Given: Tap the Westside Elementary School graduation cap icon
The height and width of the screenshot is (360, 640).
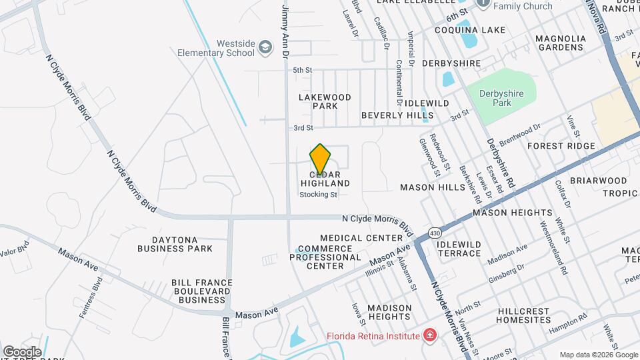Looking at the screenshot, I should (265, 47).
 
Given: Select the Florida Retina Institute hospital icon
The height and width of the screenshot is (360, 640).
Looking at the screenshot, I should (431, 335).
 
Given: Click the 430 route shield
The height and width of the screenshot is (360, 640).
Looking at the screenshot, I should (435, 233).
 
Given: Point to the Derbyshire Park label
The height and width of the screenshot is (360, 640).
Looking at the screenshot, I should (504, 98).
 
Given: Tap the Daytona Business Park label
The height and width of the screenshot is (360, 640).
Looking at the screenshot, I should (175, 244).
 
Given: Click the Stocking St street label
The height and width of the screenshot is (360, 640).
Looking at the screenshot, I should (319, 195).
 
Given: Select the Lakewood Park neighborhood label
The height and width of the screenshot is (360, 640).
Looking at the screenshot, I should (325, 101).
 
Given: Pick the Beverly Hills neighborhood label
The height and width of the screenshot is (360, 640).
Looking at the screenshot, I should (397, 115).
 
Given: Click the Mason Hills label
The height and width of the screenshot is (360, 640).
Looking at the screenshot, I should (432, 187).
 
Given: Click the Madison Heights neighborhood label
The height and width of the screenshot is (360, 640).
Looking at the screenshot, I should (380, 312).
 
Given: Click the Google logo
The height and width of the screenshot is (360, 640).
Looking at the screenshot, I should (22, 351).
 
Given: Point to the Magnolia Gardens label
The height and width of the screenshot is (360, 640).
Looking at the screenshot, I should (561, 43).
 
